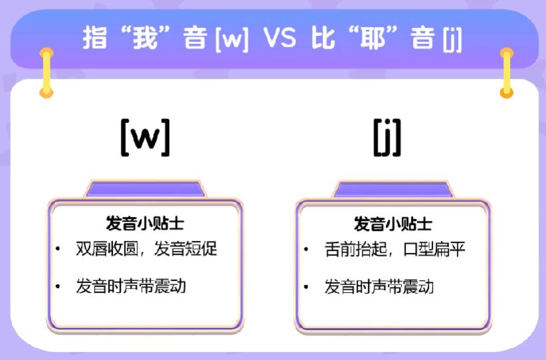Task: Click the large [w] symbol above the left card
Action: tap(145, 136)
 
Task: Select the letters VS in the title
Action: tap(279, 39)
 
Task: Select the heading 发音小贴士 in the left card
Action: tap(144, 223)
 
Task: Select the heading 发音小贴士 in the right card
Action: tap(392, 224)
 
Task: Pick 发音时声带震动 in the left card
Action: tap(130, 286)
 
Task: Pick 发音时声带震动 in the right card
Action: tap(379, 287)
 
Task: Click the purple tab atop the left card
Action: tap(144, 189)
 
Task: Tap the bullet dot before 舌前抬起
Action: tap(306, 250)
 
